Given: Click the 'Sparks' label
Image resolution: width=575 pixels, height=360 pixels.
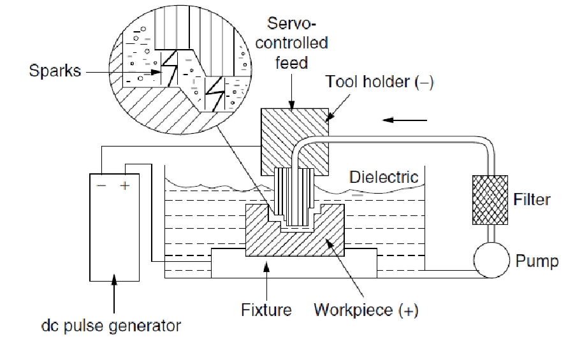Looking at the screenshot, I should (55, 70).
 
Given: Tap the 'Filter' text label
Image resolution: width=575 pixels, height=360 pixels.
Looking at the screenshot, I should (532, 199).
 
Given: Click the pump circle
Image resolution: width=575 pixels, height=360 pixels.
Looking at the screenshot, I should (491, 261).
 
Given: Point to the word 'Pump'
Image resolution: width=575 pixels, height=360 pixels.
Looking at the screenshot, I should (537, 261).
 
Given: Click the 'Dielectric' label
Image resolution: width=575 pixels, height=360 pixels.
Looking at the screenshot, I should (384, 176).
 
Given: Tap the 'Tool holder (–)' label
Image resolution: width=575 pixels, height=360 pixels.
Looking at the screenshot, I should (379, 82).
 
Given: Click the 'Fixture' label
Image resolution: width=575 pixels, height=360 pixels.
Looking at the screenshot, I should (266, 310).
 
